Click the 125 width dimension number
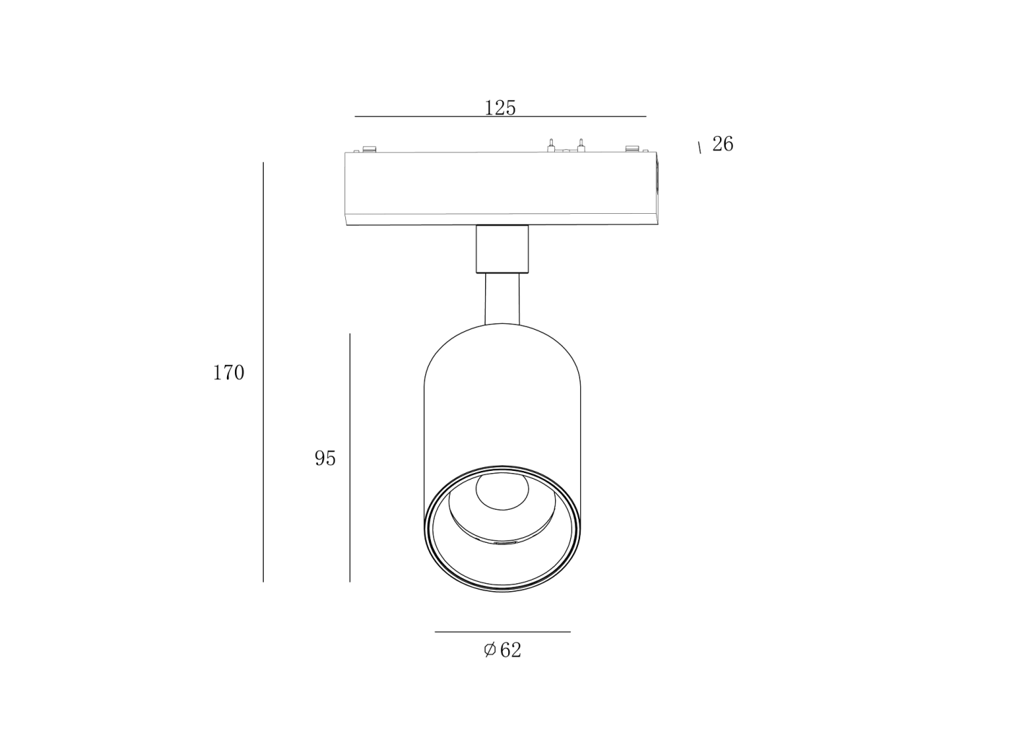click(500, 108)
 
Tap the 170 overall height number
click(228, 372)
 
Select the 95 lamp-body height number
click(325, 458)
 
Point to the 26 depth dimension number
click(723, 144)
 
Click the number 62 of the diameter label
click(511, 650)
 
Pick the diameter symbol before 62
click(489, 650)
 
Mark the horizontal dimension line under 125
click(500, 117)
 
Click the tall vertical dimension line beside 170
click(263, 372)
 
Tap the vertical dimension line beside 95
click(350, 458)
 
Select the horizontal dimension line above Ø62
click(502, 632)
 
